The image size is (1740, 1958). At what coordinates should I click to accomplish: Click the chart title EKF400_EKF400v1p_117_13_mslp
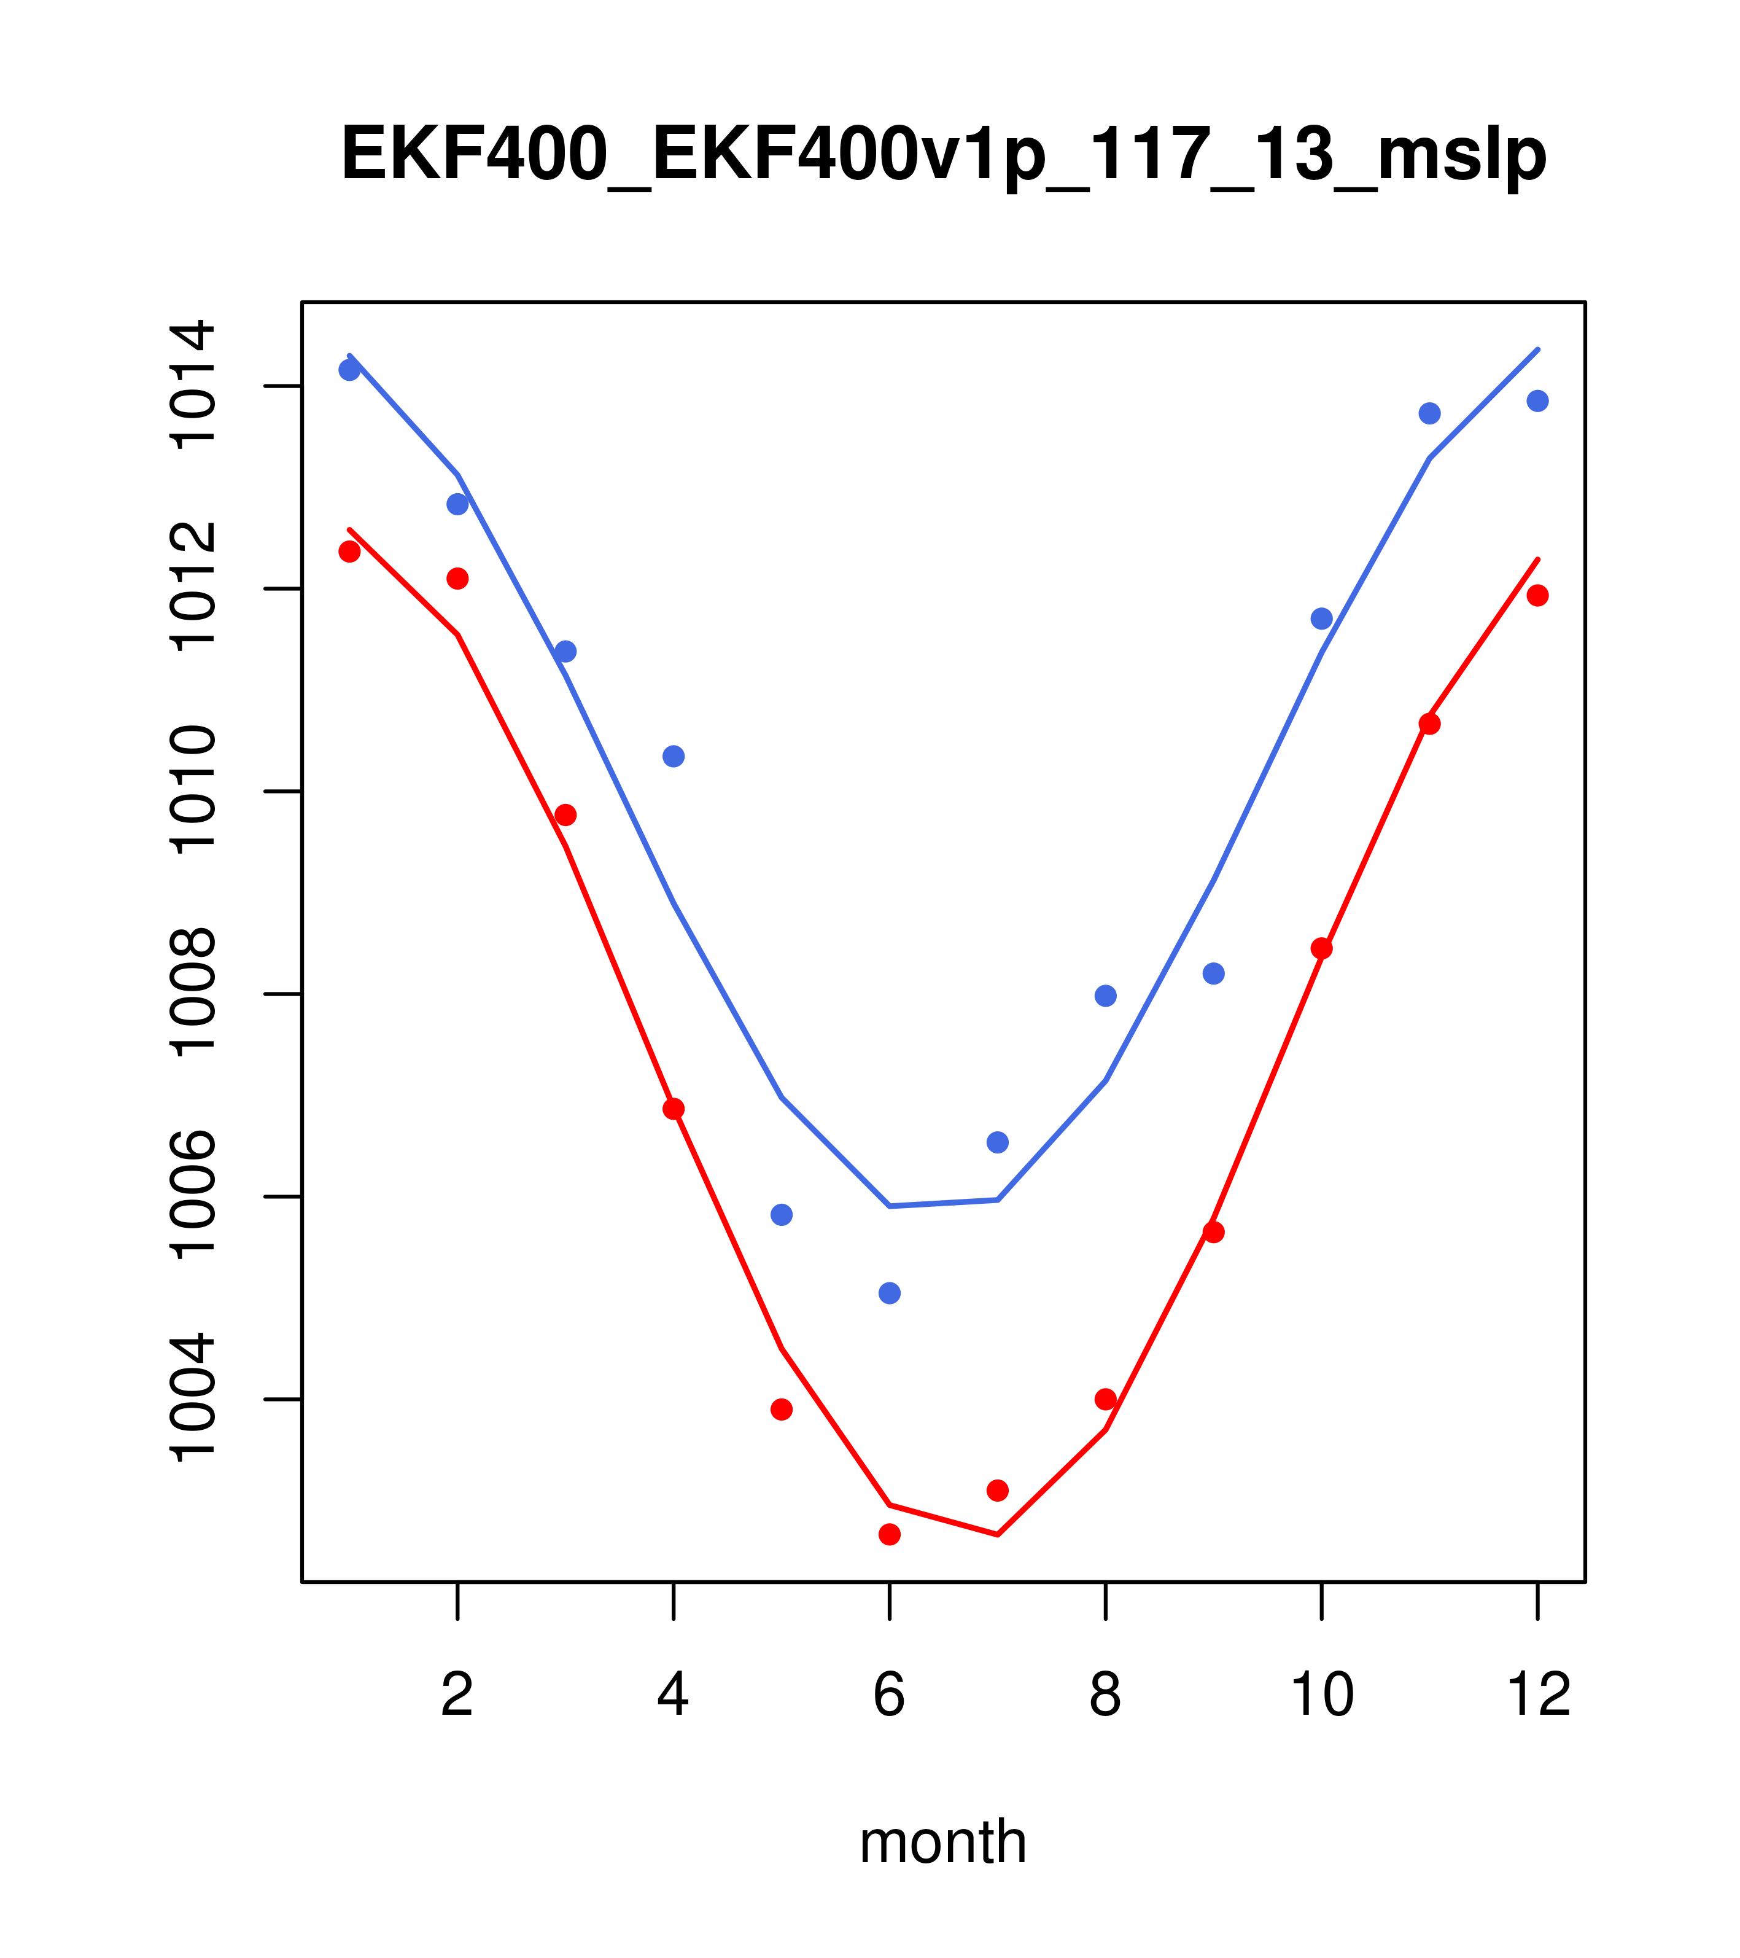click(x=943, y=155)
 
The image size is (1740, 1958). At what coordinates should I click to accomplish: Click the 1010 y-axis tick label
click(x=192, y=790)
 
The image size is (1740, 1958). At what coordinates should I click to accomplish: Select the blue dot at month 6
click(x=890, y=1293)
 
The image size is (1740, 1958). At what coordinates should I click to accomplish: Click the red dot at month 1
click(x=349, y=552)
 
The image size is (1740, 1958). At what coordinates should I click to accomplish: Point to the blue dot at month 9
click(x=1213, y=973)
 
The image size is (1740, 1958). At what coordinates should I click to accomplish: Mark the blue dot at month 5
click(x=782, y=1215)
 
